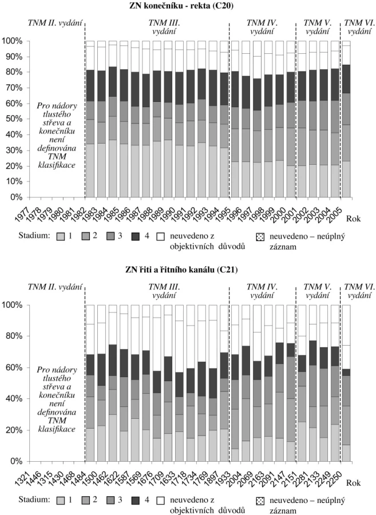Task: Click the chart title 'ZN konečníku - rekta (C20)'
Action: (x=181, y=6)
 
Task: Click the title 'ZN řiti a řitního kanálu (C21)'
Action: (x=181, y=270)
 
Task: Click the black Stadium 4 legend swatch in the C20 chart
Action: (x=135, y=236)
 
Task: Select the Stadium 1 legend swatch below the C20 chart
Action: (x=61, y=236)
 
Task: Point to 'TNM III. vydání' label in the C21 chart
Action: (x=164, y=291)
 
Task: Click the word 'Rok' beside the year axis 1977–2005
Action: (x=353, y=219)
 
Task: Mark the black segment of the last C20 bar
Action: (x=346, y=79)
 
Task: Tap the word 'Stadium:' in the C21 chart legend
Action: (x=34, y=500)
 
